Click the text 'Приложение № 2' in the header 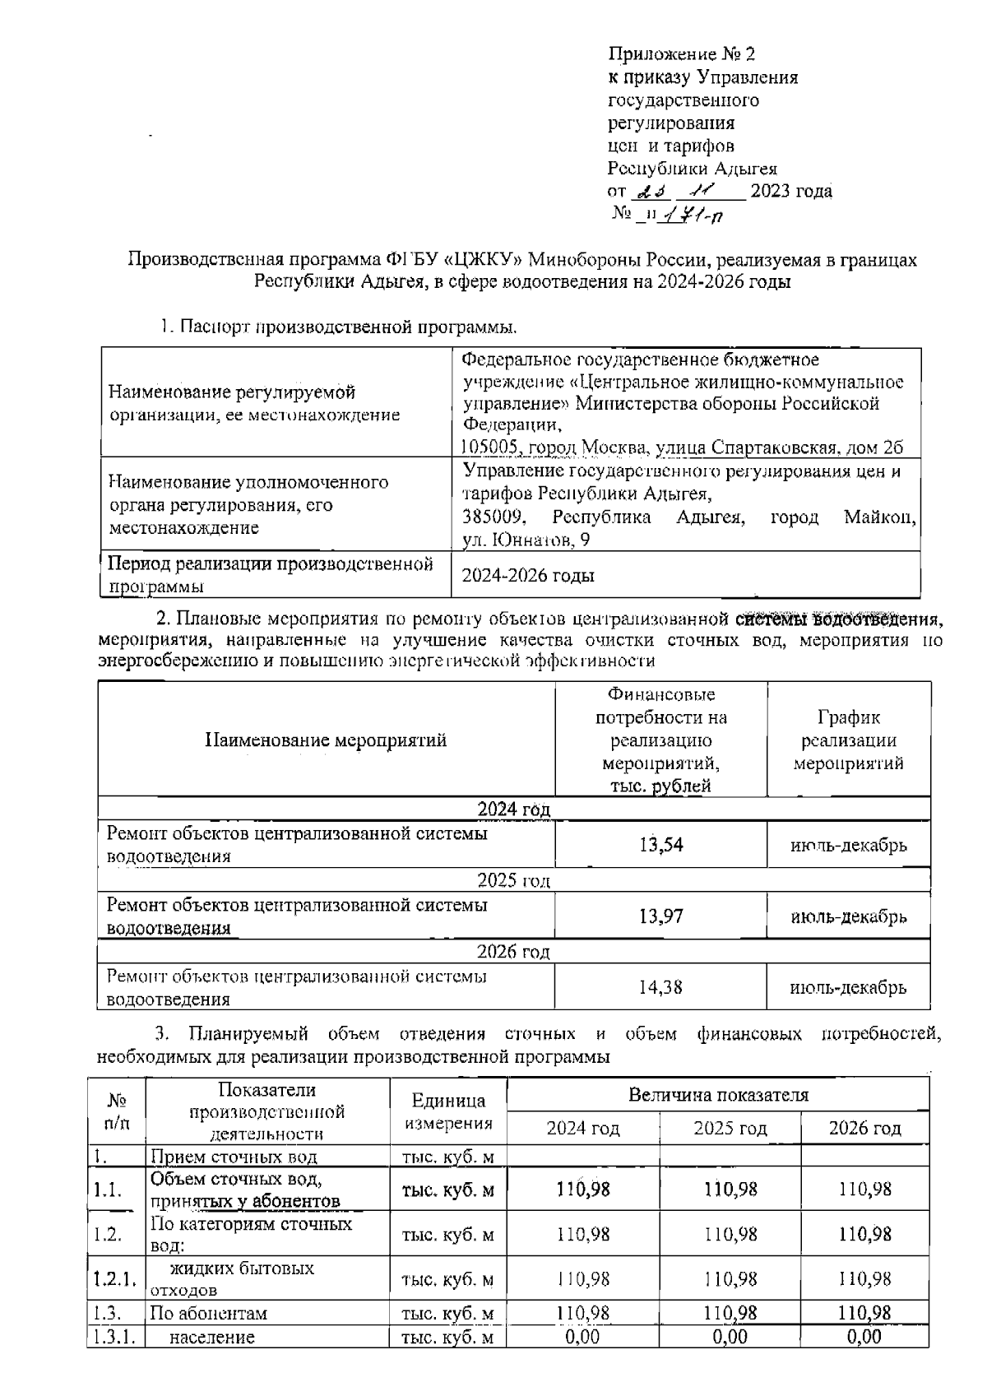pos(681,54)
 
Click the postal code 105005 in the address pos(489,448)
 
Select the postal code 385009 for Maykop pos(493,517)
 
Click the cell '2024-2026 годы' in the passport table pos(528,576)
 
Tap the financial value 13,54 pos(660,845)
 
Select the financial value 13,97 pos(660,916)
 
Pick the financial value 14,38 pos(660,987)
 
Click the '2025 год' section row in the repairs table pos(513,881)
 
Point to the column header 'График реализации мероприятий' pos(848,740)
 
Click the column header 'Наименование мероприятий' pos(326,740)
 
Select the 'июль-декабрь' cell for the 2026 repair pos(848,987)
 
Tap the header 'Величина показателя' pos(718,1095)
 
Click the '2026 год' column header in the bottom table pos(864,1128)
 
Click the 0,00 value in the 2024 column pos(582,1337)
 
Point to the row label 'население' pos(211,1337)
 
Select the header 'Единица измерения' pos(448,1111)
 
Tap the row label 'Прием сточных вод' pos(234,1157)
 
